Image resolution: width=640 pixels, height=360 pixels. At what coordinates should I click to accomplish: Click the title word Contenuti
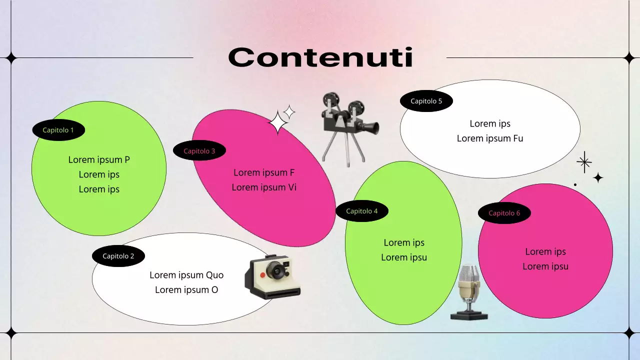320,57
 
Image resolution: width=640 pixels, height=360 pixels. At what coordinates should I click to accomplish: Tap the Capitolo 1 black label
58,130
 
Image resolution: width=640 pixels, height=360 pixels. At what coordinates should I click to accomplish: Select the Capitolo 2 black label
118,256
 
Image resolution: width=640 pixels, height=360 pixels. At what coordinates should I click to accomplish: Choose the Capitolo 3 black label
199,151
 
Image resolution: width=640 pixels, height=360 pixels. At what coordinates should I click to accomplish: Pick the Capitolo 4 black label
362,211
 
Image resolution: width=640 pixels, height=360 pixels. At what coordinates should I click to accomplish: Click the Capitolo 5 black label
426,101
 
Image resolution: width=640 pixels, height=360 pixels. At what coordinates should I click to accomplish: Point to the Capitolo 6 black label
504,213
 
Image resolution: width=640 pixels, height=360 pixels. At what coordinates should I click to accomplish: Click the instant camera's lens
275,270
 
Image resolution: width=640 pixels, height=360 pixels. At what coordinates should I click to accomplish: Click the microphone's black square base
469,314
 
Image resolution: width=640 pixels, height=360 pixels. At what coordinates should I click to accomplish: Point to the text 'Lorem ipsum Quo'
186,275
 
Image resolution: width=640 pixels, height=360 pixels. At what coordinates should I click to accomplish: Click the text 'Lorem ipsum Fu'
490,138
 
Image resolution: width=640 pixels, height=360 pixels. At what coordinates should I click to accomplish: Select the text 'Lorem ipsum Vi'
264,187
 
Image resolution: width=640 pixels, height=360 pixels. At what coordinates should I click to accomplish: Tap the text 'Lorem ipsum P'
99,160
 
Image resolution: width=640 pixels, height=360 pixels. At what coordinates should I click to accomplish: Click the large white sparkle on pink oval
278,123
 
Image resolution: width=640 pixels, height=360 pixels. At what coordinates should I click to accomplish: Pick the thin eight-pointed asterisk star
584,162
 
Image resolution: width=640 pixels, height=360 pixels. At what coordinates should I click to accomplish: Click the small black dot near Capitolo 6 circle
575,184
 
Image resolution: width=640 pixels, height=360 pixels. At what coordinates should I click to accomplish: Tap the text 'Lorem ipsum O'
186,290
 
